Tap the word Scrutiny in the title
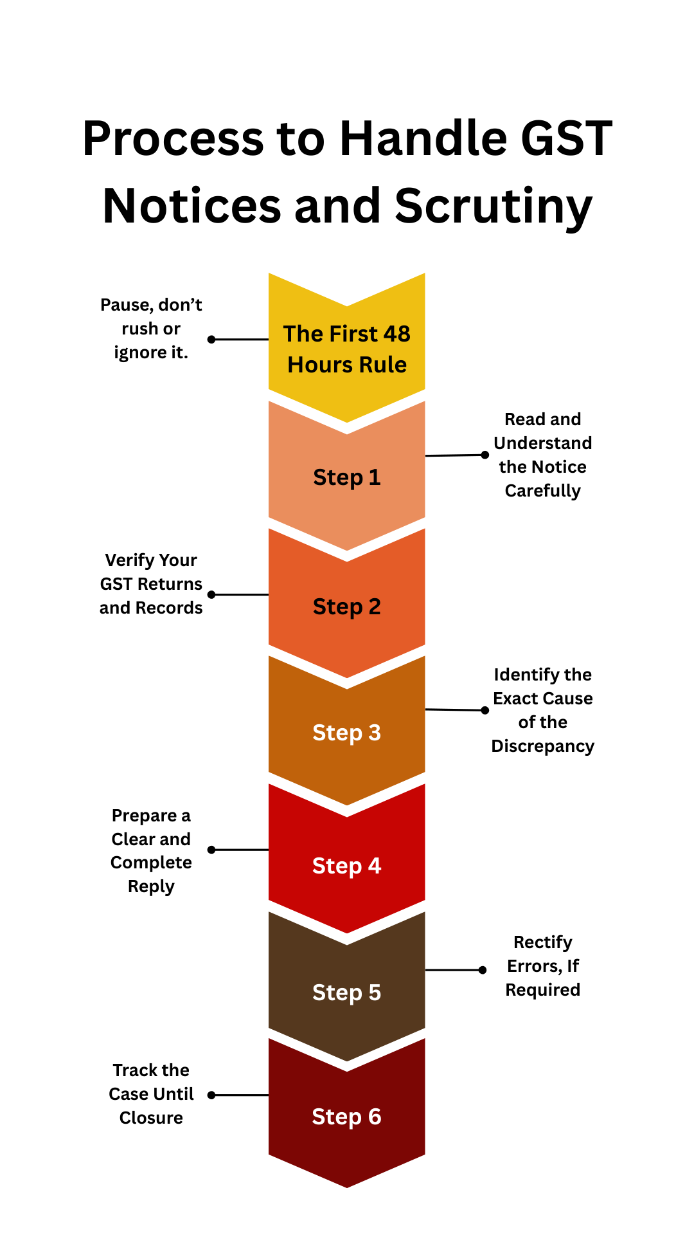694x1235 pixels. pos(493,207)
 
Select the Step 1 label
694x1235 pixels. pos(346,478)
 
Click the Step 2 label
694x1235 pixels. pos(346,607)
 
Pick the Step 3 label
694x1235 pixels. pos(346,733)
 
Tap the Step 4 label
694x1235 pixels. pos(346,866)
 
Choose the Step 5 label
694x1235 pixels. pos(346,993)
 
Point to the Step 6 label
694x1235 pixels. pos(346,1117)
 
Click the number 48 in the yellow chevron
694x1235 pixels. pos(396,334)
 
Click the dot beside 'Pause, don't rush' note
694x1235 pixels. pos(211,339)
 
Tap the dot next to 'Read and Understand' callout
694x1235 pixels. pos(485,455)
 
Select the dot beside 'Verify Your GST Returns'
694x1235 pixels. pos(211,594)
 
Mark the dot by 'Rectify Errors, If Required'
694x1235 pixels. pos(483,970)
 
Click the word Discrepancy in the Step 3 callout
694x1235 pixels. pos(542,746)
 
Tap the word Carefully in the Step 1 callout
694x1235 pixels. pos(542,491)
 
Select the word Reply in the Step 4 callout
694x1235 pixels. pos(151,886)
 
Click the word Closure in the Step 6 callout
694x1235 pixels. pos(151,1118)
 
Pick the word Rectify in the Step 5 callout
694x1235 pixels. pos(542,942)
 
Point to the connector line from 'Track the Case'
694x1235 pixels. pos(241,1095)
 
